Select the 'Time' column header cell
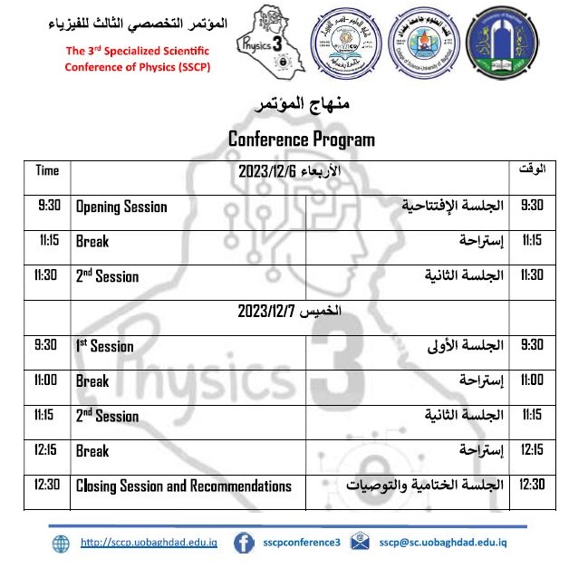(x=47, y=170)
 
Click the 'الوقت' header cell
(x=531, y=170)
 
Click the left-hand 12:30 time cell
(x=47, y=485)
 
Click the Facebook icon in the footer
(x=243, y=543)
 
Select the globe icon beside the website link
(x=61, y=543)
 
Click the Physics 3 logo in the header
(x=265, y=43)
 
